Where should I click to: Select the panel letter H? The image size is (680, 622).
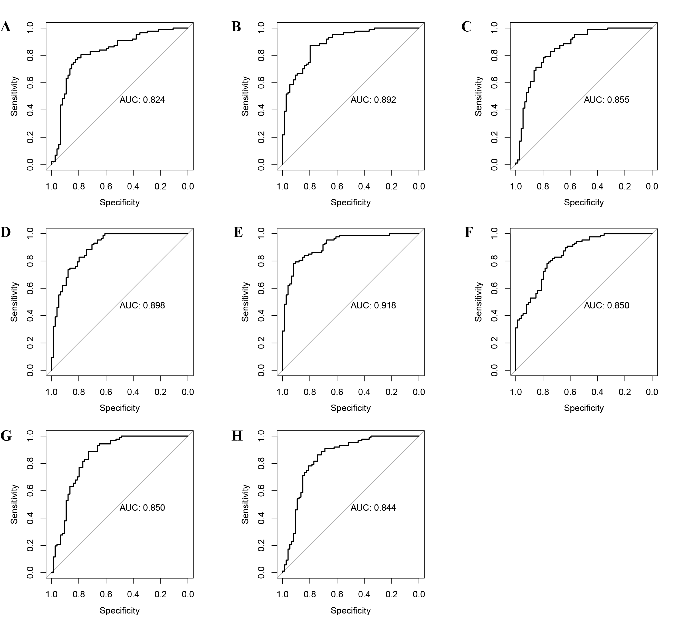237,436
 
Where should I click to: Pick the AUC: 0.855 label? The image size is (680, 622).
607,100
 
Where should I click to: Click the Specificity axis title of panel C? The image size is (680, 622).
583,202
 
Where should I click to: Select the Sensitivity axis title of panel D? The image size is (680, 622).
14,302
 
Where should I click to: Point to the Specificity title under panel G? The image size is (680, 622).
119,610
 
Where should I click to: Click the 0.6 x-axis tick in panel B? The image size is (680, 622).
337,186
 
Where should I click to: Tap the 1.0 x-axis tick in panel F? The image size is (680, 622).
515,392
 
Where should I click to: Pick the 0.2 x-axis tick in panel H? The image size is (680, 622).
392,594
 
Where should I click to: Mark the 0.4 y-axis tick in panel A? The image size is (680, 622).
30,110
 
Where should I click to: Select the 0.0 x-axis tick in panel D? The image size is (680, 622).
188,392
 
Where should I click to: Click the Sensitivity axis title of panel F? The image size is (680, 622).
478,302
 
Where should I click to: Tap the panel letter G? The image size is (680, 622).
6,436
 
